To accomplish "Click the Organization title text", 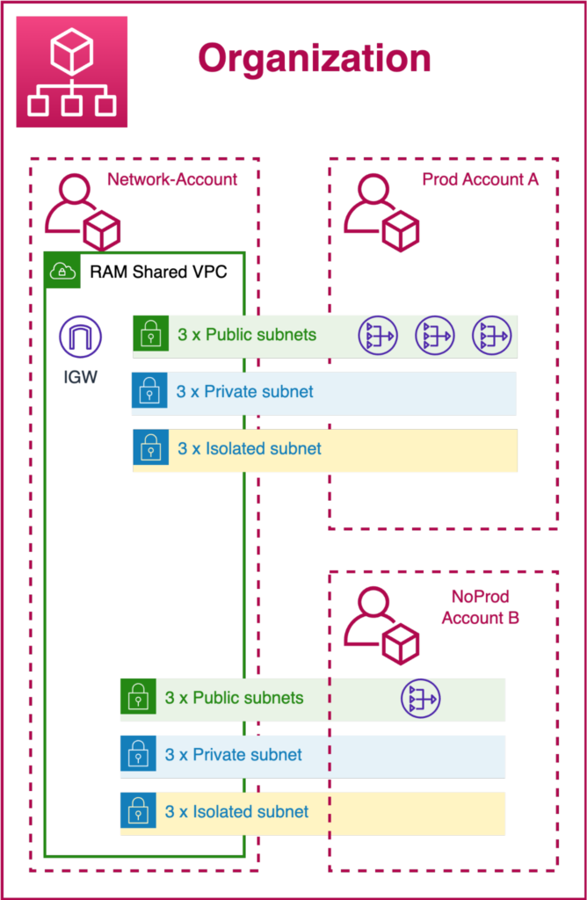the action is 315,59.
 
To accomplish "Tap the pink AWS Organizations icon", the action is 72,72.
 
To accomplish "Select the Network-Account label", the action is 172,179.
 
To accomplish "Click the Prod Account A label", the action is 481,179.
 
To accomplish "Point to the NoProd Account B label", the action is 481,607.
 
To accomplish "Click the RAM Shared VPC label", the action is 158,271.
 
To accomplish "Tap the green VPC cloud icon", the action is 62,271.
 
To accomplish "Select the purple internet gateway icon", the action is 80,337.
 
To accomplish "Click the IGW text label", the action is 80,377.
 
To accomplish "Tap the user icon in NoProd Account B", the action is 381,624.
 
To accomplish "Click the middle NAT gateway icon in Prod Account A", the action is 435,335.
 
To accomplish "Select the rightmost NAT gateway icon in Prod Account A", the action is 492,335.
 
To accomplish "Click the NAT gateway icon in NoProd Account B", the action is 421,699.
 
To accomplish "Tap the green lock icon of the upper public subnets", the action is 151,333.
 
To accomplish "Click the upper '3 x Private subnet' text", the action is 245,392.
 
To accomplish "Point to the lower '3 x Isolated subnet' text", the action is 237,811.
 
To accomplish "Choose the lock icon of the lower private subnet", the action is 138,753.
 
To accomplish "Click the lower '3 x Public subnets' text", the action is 234,698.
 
